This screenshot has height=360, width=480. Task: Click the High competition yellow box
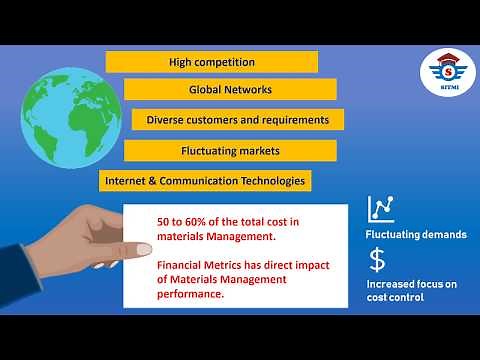coord(211,62)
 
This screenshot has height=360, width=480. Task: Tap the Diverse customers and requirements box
coord(238,120)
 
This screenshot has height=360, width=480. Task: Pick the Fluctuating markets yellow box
coord(230,151)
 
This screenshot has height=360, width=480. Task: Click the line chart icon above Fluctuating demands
coord(380,208)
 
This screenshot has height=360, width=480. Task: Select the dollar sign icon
coord(377,261)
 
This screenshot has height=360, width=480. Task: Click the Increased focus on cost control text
coord(410,291)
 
